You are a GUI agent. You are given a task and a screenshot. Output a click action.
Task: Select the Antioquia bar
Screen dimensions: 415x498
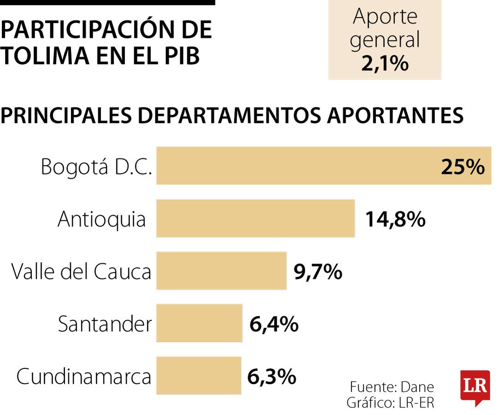coord(255,218)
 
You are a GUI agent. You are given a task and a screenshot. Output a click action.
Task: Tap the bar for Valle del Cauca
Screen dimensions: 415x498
coord(221,271)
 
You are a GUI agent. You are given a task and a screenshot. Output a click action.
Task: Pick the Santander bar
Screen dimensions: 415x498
coord(199,323)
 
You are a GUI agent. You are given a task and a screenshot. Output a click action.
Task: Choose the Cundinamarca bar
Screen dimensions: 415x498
coord(199,375)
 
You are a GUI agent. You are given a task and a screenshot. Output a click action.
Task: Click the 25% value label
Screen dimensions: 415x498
coord(462,167)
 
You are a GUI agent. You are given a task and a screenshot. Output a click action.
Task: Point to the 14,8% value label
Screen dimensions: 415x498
coord(395,219)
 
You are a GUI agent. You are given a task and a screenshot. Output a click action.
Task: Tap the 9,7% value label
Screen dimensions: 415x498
coord(318,272)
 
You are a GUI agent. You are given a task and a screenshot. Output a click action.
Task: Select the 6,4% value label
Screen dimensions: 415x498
coord(274,325)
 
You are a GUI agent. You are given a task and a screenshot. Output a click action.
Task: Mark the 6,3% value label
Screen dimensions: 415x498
coord(272,377)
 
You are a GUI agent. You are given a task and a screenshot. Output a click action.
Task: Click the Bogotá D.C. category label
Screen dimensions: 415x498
coord(96,166)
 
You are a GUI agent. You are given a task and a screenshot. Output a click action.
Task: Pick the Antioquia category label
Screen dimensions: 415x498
coord(102,219)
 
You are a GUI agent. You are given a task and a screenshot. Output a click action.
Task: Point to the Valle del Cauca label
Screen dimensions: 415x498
coord(81,272)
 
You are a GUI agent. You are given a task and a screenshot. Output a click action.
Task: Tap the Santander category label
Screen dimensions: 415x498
coord(105,324)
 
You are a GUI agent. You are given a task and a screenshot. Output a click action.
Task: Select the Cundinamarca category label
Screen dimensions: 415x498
coord(84,377)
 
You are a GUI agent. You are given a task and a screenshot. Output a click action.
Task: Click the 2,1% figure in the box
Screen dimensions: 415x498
coord(385,64)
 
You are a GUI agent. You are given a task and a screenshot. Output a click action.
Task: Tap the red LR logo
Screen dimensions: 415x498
coord(475,386)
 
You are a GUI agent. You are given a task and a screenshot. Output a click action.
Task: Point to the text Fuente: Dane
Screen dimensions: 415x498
coord(392,386)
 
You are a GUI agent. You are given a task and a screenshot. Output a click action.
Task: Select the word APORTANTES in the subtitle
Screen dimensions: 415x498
coord(396,116)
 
